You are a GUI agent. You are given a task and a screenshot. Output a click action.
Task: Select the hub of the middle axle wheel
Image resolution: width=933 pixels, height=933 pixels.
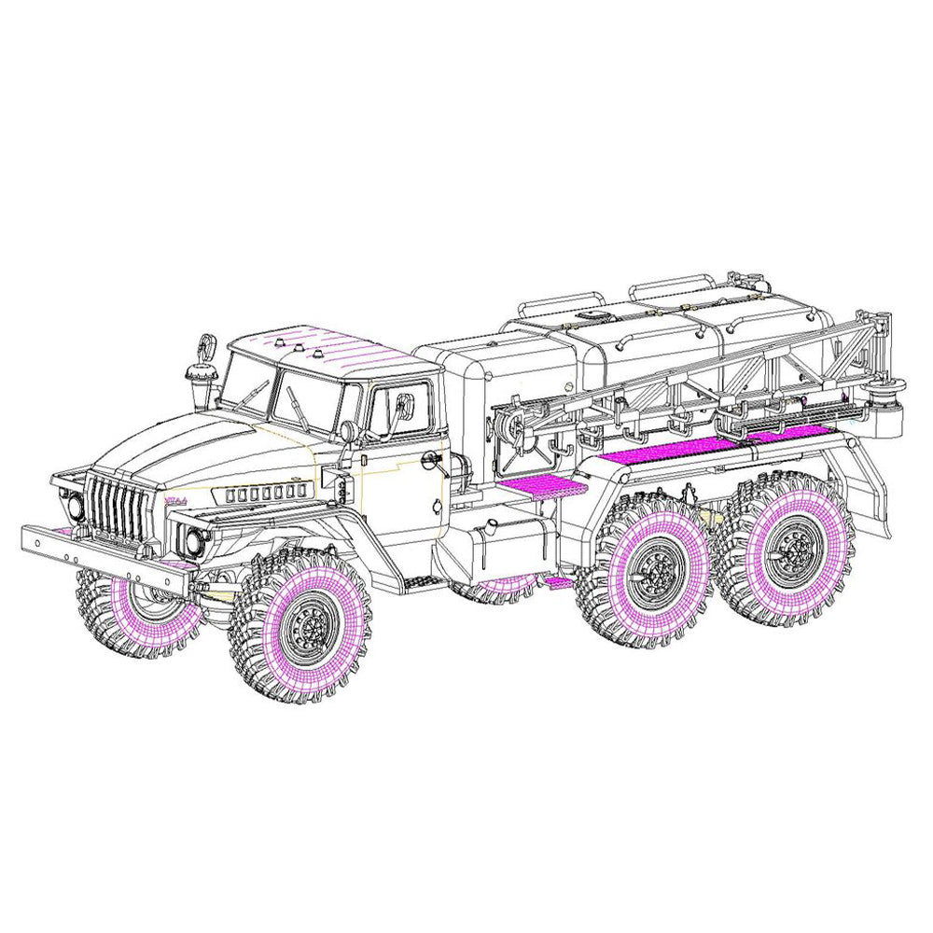pyautogui.click(x=653, y=572)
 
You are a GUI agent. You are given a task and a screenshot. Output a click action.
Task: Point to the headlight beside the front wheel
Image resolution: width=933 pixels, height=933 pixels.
pyautogui.click(x=193, y=540)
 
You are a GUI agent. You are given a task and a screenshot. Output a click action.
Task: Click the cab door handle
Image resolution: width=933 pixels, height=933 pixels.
pyautogui.click(x=431, y=459)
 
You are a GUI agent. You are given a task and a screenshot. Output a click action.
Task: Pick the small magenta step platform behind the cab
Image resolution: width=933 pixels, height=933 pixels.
pyautogui.click(x=541, y=485)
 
